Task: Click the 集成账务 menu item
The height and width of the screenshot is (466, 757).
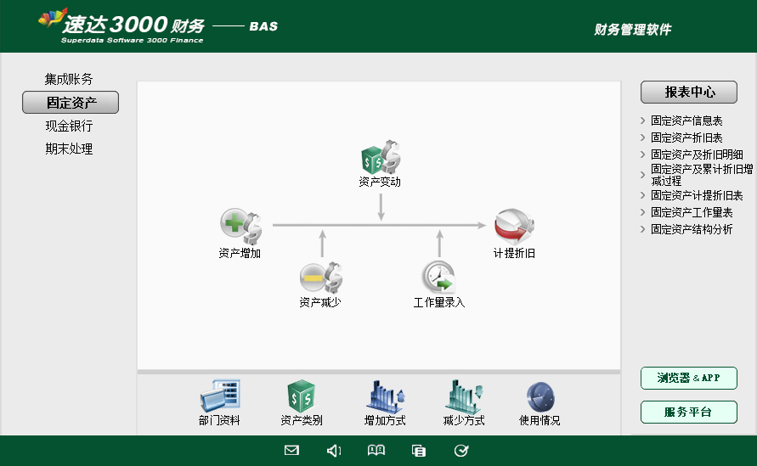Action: click(x=69, y=79)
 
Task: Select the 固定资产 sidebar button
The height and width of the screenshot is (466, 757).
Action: click(x=71, y=103)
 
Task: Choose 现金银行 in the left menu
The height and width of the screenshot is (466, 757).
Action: click(x=69, y=126)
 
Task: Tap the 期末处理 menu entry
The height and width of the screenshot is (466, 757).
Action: click(x=69, y=149)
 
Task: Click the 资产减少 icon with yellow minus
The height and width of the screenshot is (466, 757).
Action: click(x=320, y=277)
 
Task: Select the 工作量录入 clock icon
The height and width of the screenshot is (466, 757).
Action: click(x=439, y=277)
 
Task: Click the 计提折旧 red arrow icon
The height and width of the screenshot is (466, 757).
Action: click(x=514, y=227)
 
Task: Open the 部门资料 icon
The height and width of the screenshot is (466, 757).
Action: click(x=220, y=396)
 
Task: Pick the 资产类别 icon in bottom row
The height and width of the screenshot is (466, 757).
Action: click(x=302, y=396)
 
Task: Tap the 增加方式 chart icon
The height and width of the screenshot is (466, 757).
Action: click(x=385, y=396)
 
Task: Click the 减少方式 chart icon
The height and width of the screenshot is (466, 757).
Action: click(x=464, y=396)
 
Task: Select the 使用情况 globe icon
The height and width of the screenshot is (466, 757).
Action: click(x=540, y=396)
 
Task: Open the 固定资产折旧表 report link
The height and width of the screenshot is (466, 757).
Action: click(x=686, y=138)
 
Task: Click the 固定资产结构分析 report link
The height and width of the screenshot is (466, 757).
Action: click(x=692, y=229)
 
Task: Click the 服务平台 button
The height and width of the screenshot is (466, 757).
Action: click(x=688, y=413)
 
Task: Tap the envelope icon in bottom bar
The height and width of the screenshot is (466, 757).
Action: click(x=291, y=451)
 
